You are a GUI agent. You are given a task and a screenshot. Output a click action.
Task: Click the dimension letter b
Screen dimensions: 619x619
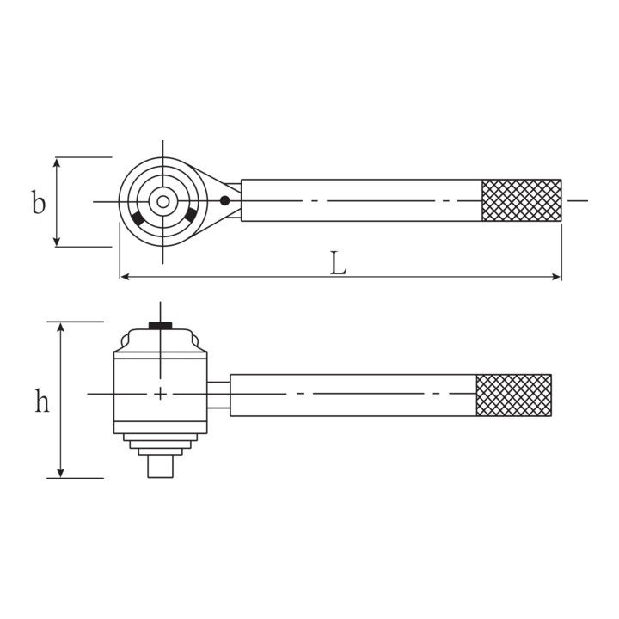click(39, 202)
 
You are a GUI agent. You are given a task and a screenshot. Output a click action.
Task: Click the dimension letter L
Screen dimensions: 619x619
click(339, 263)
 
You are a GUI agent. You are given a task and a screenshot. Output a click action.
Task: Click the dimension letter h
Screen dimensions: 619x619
click(42, 401)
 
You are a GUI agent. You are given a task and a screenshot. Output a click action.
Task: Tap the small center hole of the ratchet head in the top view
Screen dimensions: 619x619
click(163, 202)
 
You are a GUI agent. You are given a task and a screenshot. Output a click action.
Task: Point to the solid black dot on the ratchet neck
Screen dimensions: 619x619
click(224, 200)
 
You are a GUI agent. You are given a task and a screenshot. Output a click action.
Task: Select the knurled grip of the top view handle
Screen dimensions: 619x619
click(522, 200)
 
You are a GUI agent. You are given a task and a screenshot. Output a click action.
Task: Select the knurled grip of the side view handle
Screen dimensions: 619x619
click(513, 395)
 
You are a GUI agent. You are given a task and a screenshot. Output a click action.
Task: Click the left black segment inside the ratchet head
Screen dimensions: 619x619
click(138, 218)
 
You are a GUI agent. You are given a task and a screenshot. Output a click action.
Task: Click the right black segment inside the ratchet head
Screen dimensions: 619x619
click(190, 215)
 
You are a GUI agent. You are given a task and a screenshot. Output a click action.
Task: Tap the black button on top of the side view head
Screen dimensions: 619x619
click(160, 325)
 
